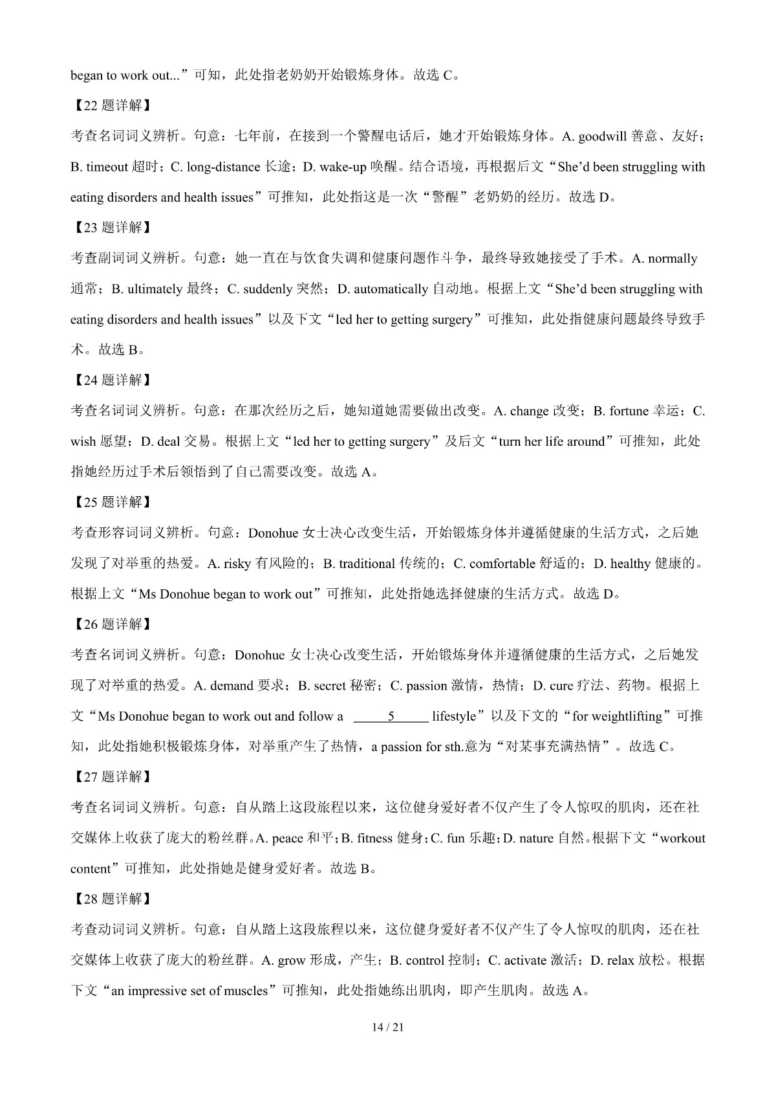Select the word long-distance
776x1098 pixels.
click(x=224, y=167)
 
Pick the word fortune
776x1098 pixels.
click(x=629, y=412)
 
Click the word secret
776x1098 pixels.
click(x=329, y=686)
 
